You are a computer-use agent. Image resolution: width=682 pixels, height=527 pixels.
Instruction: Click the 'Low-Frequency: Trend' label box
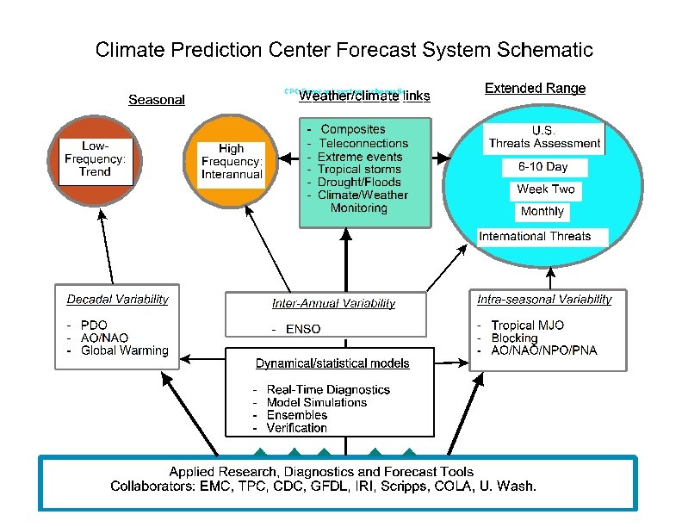[96, 158]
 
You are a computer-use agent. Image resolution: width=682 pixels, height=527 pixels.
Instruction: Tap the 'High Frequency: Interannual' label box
[232, 162]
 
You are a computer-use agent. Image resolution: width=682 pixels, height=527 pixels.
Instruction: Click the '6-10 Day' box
[542, 167]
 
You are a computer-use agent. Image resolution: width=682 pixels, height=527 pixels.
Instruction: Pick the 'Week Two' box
[545, 189]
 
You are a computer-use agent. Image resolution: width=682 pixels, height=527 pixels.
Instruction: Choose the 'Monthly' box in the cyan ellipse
[542, 211]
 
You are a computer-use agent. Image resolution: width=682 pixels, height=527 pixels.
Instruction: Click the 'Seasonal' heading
[156, 100]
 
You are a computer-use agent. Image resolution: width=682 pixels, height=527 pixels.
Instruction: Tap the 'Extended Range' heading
[535, 88]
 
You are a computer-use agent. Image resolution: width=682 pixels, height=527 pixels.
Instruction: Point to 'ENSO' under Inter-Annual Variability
[290, 328]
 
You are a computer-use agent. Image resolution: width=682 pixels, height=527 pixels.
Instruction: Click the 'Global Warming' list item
[124, 350]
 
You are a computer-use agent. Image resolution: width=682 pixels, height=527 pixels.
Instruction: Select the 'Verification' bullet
[296, 427]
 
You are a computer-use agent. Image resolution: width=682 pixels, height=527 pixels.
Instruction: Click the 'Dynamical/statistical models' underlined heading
[332, 363]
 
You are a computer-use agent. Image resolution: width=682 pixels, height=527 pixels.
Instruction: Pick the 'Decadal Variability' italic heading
[117, 300]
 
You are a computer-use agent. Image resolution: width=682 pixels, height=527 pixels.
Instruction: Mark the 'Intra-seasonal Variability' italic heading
[544, 300]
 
